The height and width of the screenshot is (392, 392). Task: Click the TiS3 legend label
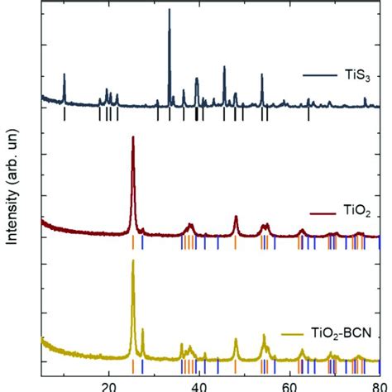tap(357, 75)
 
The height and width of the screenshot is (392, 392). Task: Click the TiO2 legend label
tap(357, 212)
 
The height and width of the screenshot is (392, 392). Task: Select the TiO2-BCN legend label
tap(341, 333)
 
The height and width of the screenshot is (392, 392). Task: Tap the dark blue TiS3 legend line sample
tap(320, 75)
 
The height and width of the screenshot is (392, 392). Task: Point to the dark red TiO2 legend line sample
tap(323, 213)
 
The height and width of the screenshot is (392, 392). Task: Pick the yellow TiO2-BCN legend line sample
tap(292, 335)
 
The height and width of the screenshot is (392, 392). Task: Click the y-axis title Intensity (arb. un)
tap(12, 187)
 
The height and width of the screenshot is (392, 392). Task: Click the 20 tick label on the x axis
tap(109, 388)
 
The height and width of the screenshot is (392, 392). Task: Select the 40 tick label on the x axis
tap(199, 388)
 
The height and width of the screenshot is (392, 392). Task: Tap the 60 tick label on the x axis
tap(289, 388)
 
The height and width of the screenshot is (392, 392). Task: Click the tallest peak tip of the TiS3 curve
tap(170, 9)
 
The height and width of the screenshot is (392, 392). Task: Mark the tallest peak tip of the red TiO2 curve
tap(133, 136)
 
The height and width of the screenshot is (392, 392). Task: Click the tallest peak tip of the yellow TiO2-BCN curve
tap(133, 260)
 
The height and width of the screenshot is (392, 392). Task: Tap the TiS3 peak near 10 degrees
tap(65, 74)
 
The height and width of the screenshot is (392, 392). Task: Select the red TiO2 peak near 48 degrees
tap(236, 216)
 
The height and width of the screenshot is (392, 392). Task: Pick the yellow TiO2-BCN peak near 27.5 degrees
tap(142, 328)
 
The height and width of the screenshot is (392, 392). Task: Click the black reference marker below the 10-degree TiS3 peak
tap(65, 114)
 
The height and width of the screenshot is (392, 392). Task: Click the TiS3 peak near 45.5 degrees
tap(224, 66)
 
